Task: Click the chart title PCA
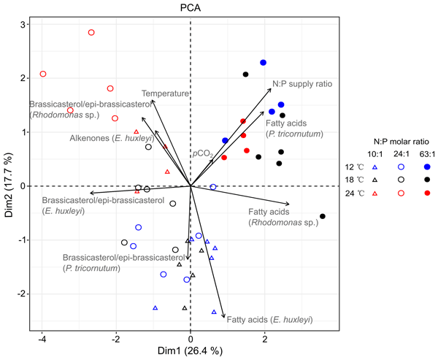191,8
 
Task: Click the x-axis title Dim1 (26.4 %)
191,351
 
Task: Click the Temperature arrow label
165,93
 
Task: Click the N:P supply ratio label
302,84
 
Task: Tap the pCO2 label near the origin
203,154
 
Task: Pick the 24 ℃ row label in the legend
355,193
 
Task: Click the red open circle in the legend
401,193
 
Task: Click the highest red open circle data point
91,32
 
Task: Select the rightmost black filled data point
323,216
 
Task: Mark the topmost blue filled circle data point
264,63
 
